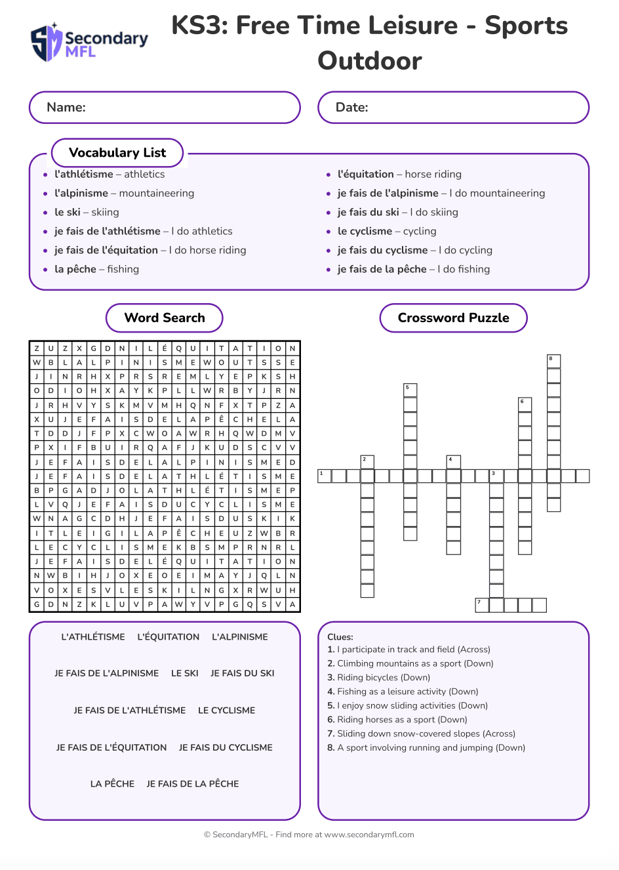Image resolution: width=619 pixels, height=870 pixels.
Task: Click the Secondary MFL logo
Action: coord(89,43)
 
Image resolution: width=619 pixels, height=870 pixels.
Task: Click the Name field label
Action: coord(66,108)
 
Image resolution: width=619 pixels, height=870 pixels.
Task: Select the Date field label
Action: coord(352,108)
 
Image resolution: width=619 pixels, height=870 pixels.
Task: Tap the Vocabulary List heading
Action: coord(117,153)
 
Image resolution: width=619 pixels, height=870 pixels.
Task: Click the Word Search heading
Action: coord(165,318)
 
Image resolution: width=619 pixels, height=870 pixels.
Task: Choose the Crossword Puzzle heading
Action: coord(453,318)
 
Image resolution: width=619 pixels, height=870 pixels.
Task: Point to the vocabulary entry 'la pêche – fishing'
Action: coord(96,269)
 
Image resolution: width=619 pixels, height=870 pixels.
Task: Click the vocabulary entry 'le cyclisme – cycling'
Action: coord(387,231)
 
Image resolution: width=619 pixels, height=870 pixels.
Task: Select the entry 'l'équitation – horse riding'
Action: coord(399,174)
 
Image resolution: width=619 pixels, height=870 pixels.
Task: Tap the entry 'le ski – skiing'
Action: coord(87,212)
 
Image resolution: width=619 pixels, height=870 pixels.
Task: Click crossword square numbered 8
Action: coord(554,362)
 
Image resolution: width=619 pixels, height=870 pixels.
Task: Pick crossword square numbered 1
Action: coord(325,476)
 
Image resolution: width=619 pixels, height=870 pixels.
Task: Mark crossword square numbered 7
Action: coord(482,605)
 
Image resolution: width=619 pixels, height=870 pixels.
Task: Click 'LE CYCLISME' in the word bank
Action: coord(226,711)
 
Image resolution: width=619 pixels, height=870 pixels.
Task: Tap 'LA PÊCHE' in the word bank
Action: coord(112,784)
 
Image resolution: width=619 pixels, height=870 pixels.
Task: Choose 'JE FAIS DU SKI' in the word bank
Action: coord(242,673)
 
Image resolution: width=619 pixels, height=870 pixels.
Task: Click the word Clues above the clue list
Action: coord(340,637)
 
